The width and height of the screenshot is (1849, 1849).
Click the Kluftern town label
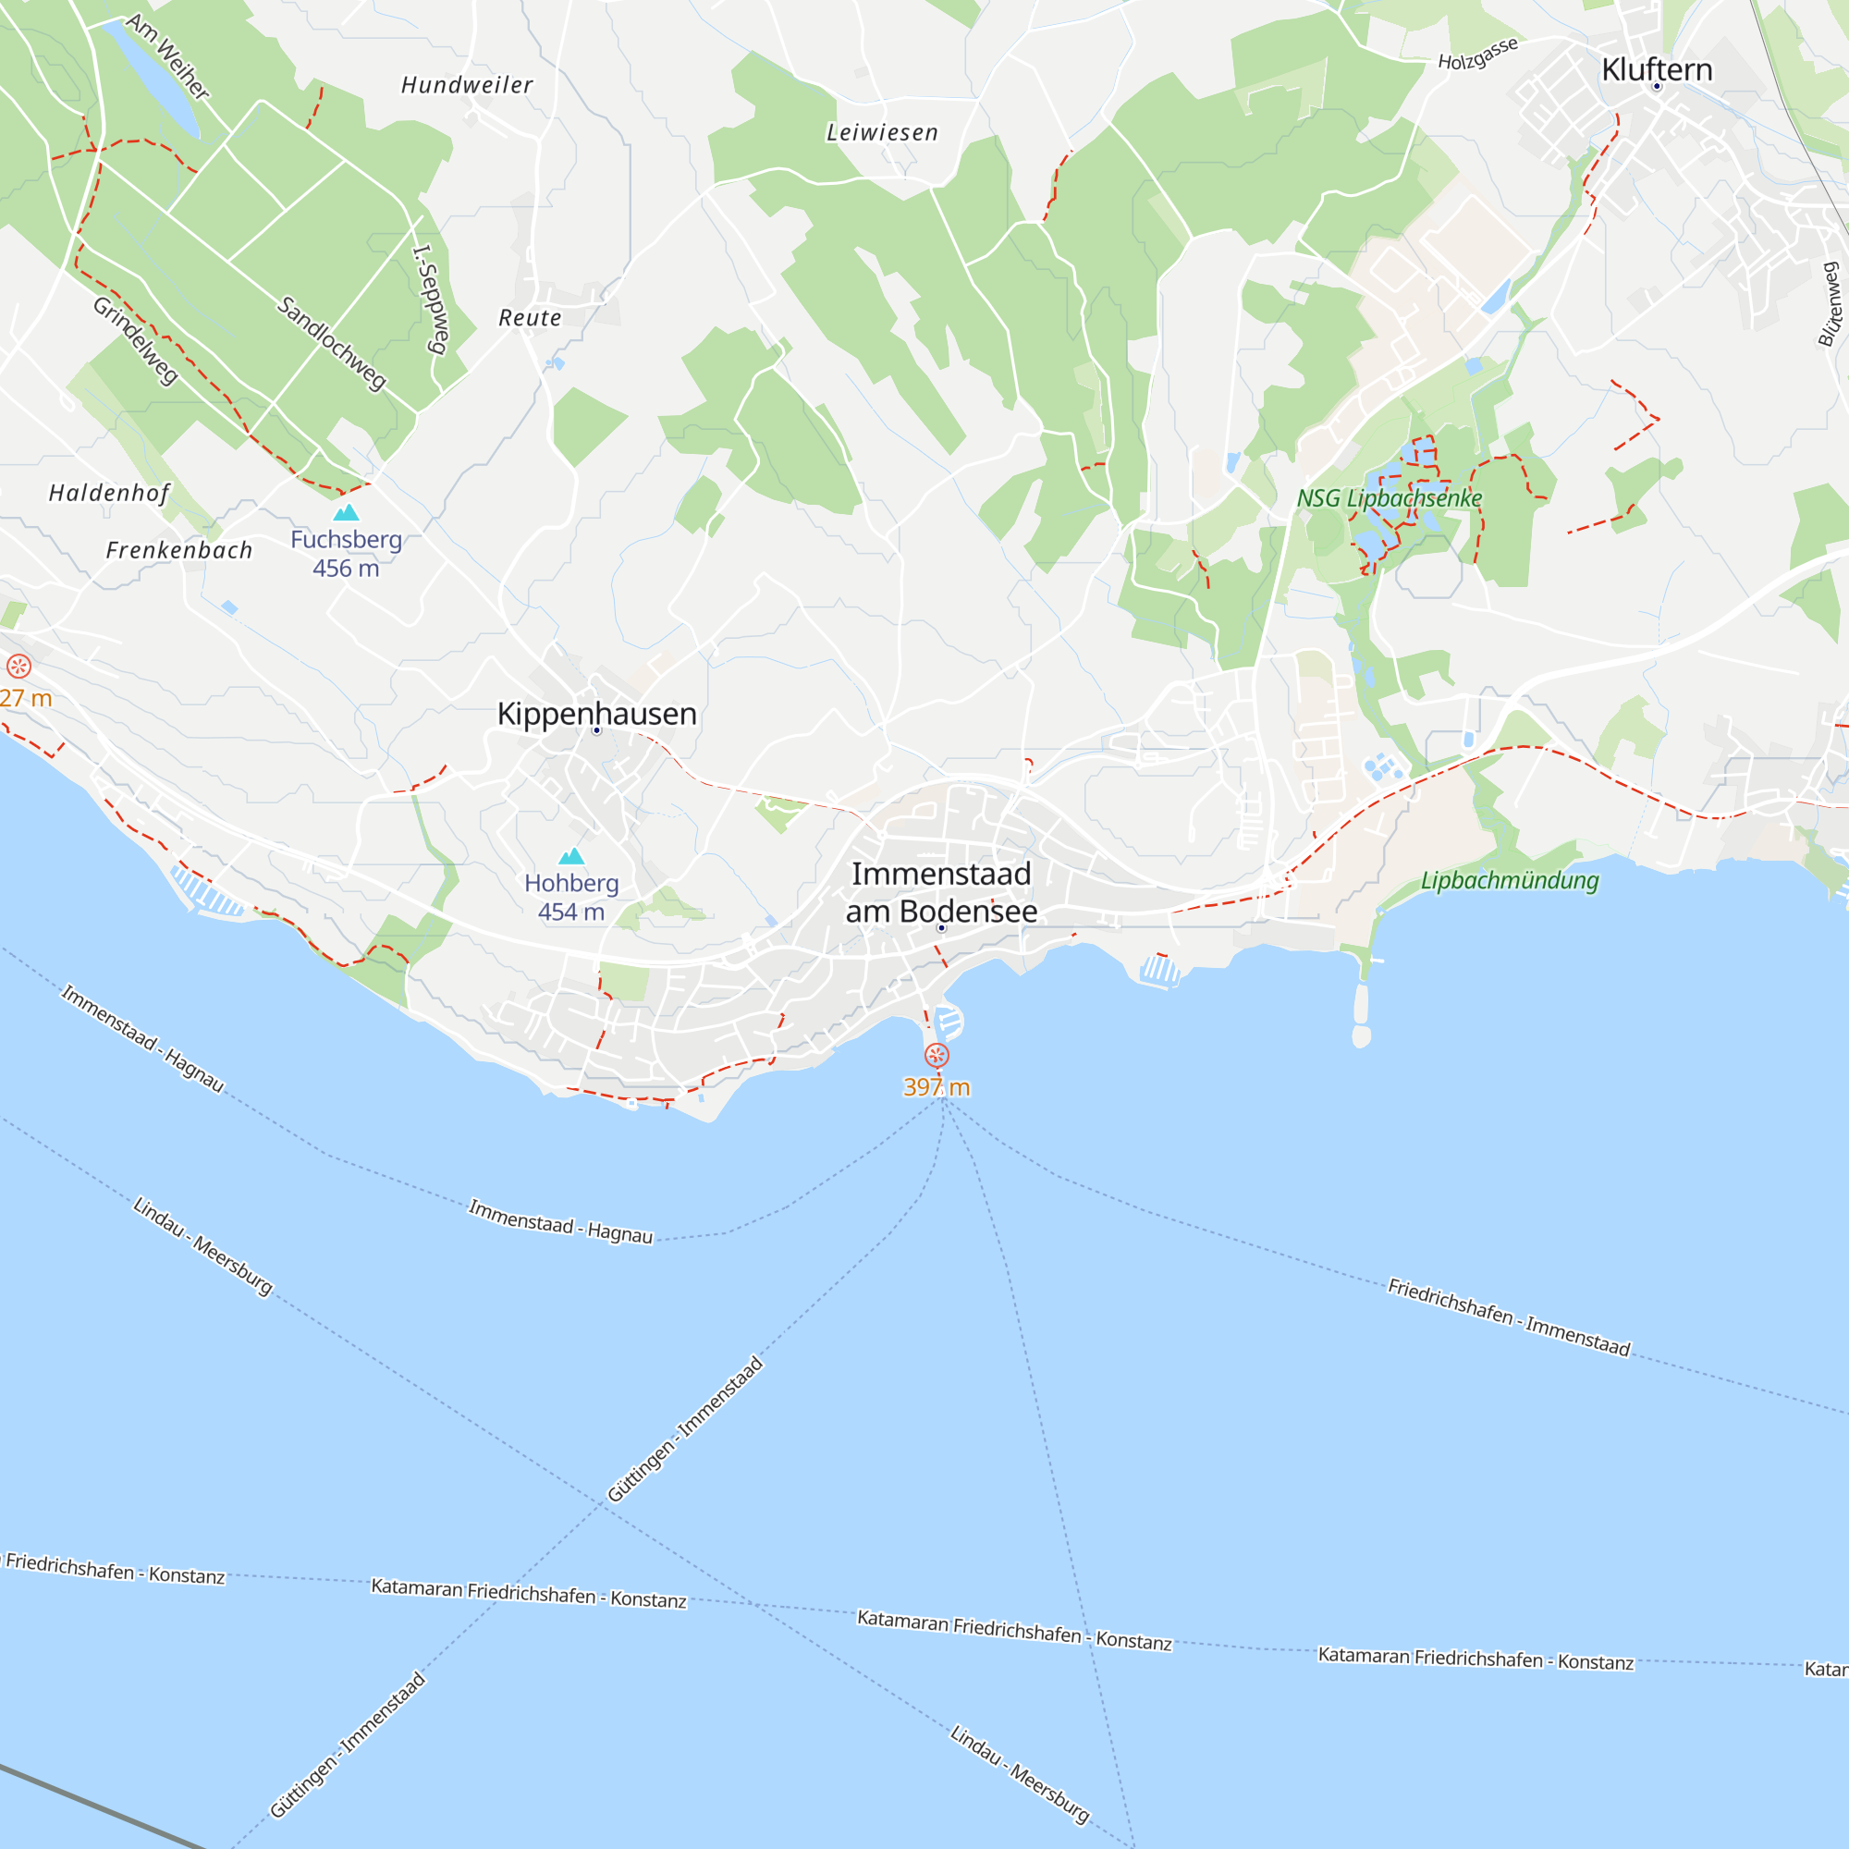(1657, 69)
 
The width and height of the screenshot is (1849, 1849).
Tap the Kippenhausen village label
(596, 713)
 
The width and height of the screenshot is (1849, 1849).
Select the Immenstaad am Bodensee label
(941, 892)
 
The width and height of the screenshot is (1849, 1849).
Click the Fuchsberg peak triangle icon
(346, 512)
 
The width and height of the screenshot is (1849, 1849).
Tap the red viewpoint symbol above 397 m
(936, 1055)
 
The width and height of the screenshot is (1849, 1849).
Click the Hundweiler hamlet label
(467, 85)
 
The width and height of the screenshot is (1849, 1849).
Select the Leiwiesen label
(882, 133)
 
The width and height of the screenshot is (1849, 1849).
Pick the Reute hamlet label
(530, 318)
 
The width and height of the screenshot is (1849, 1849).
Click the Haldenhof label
(109, 493)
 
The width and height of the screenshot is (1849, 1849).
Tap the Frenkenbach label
(179, 550)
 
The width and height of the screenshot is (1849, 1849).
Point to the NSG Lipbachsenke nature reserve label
(1389, 498)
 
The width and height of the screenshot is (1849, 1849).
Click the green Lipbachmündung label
(1510, 880)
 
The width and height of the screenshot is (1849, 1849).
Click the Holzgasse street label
(1477, 54)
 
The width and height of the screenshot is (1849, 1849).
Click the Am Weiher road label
(167, 56)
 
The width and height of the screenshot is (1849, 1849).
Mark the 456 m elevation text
(346, 569)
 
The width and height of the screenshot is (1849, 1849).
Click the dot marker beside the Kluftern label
(1657, 87)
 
